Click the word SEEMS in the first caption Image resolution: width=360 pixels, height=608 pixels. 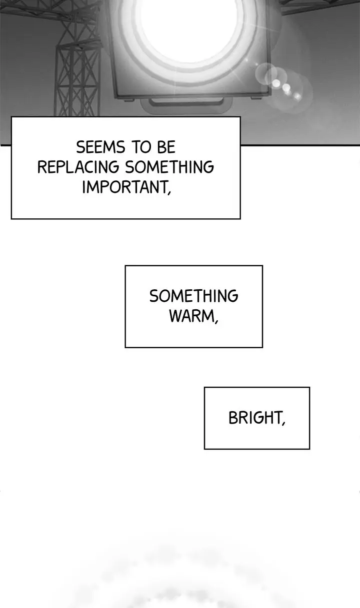(100, 147)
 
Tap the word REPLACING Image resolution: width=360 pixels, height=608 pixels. (78, 167)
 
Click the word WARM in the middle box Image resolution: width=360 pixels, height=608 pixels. (191, 316)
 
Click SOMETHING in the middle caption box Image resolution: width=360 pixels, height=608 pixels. (193, 296)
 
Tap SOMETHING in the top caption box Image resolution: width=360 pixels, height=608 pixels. (169, 167)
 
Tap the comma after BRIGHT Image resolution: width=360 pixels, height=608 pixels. (283, 423)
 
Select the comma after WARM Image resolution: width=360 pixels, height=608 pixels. (216, 321)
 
